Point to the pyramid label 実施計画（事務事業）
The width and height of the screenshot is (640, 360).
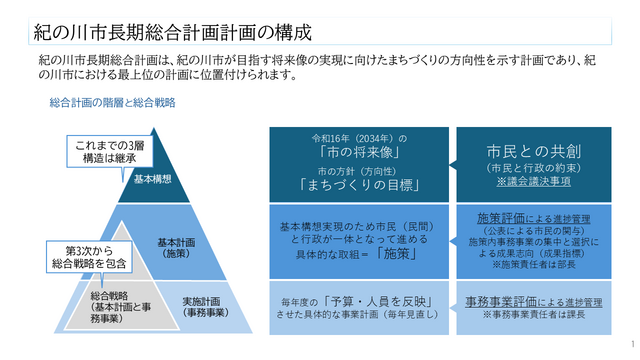point(208,306)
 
